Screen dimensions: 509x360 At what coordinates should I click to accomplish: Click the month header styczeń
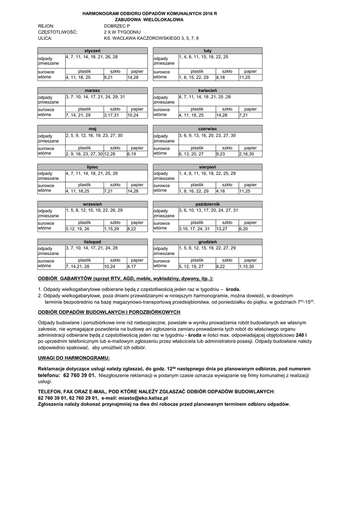[92, 51]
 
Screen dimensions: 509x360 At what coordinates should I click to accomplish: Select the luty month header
[207, 51]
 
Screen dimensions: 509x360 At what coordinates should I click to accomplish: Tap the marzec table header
[92, 90]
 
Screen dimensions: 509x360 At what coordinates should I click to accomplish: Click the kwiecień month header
[207, 90]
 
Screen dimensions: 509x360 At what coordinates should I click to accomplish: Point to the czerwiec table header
[207, 129]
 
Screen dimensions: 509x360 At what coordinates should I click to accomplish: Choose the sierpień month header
[207, 167]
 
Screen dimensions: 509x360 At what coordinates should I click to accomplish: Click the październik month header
[207, 204]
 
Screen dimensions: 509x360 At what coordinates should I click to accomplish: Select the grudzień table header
[207, 242]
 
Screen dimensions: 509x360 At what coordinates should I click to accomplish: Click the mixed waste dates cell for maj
[106, 138]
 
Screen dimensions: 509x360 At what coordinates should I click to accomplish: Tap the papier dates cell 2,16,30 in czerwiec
[250, 154]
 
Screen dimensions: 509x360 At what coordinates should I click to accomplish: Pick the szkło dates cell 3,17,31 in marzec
[115, 115]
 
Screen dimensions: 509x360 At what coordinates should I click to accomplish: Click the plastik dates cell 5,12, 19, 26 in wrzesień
[84, 229]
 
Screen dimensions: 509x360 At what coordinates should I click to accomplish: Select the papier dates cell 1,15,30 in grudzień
[250, 266]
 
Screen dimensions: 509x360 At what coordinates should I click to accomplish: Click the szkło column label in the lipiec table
[115, 185]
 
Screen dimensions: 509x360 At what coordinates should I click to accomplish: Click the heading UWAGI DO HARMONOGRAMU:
[74, 358]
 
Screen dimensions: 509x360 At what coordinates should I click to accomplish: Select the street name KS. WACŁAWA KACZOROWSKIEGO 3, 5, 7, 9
[151, 38]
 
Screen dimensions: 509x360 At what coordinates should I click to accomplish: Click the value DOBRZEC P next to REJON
[117, 25]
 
